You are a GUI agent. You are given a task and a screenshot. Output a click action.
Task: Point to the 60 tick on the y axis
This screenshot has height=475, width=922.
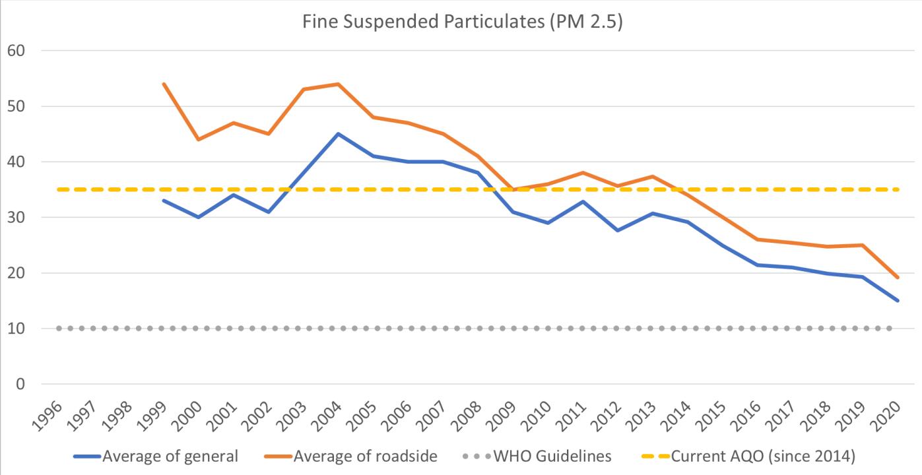coord(24,51)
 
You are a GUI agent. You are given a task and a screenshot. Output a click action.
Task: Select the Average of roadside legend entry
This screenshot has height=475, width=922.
coord(365,456)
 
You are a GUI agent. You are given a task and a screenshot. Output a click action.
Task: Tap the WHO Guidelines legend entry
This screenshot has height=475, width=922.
coord(552,456)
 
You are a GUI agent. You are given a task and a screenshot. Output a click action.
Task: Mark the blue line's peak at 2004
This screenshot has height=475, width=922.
coord(338,134)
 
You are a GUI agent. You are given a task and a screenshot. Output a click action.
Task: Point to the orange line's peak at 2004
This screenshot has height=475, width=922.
coord(338,84)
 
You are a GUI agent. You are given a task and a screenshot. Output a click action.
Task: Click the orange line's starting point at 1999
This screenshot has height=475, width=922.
coord(163,84)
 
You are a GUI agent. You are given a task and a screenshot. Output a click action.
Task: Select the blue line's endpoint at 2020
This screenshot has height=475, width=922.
coord(898,301)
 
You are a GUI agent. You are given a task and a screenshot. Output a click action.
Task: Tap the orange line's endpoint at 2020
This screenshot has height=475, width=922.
coord(898,277)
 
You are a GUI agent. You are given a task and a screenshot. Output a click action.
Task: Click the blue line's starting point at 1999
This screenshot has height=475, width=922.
coord(163,201)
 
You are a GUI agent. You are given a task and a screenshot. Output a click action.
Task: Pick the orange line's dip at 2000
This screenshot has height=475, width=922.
coord(198,139)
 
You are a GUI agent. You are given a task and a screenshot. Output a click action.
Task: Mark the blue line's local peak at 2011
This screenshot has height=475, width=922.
coord(583,201)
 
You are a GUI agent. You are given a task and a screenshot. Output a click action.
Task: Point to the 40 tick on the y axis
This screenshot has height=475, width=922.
coord(24,162)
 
